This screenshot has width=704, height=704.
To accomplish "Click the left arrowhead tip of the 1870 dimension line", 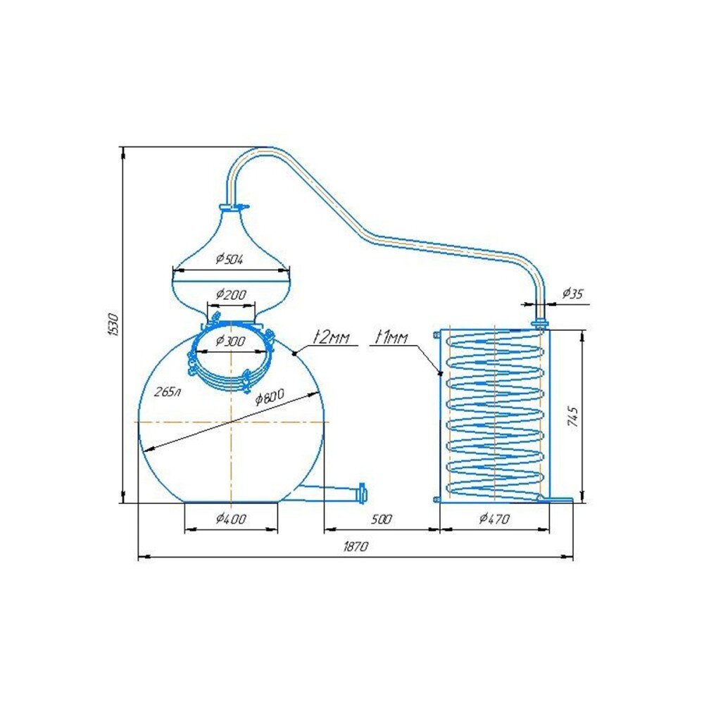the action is click(x=138, y=558).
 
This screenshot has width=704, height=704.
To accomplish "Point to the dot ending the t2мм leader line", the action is click(x=294, y=354).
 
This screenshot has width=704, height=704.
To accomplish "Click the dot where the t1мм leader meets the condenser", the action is click(x=441, y=373).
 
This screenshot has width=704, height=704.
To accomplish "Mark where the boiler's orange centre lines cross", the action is click(x=231, y=422).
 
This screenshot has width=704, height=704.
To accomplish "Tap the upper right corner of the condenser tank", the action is click(x=549, y=329).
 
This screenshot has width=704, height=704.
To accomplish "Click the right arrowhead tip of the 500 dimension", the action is click(x=439, y=530).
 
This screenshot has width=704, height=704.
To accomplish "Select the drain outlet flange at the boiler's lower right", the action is click(x=362, y=493).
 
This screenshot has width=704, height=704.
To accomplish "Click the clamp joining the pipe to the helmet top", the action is click(x=234, y=207).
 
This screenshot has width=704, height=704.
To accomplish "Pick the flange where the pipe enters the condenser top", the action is click(x=540, y=323).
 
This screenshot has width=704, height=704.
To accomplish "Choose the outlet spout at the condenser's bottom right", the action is click(x=556, y=498).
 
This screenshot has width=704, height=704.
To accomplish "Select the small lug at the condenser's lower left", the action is click(x=436, y=499).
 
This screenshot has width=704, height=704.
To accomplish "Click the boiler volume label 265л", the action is click(x=167, y=392).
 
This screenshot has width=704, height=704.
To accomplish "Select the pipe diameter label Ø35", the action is click(x=572, y=293).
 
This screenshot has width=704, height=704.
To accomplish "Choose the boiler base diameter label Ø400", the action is click(x=231, y=519).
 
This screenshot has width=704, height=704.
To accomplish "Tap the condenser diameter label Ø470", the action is click(x=495, y=519).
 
